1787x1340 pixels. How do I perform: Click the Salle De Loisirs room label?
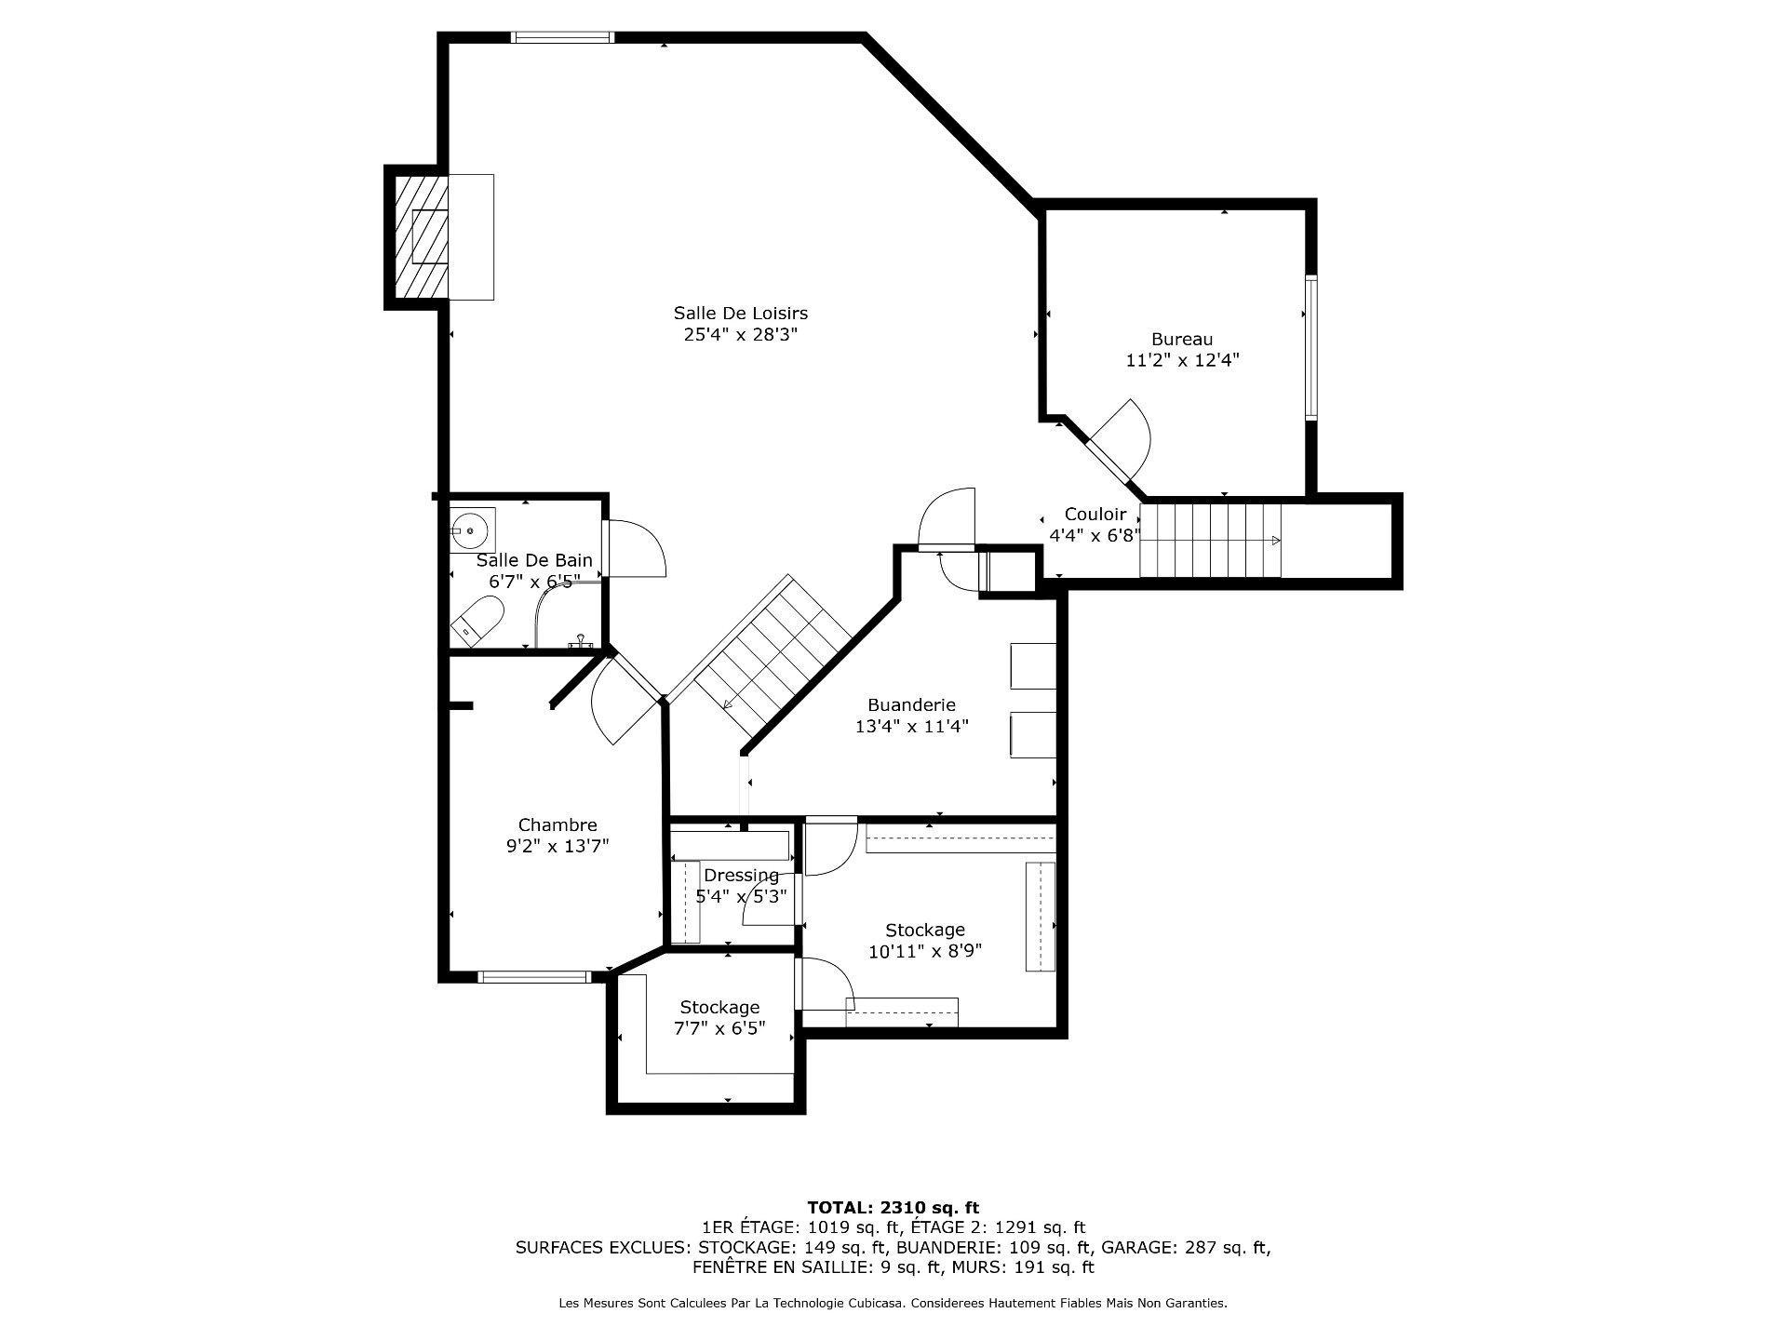point(740,314)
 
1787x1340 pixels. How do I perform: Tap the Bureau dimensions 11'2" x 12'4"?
point(1182,360)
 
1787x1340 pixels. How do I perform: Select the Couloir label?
point(1095,515)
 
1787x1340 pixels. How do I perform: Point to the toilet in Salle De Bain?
point(478,620)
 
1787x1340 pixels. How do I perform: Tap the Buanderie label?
point(911,705)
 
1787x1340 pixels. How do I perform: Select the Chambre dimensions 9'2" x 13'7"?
point(557,846)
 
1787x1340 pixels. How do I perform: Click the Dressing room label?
point(741,876)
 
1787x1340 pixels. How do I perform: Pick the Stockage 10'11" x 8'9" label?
point(924,941)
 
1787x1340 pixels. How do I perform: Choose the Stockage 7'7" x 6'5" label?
point(719,1018)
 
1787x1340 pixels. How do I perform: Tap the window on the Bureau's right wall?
point(1310,348)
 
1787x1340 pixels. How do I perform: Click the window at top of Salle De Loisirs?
point(562,38)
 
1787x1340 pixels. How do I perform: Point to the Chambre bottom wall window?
point(534,977)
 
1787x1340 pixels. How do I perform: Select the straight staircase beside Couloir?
point(1210,541)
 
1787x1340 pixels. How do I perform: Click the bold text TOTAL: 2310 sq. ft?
point(893,1208)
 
